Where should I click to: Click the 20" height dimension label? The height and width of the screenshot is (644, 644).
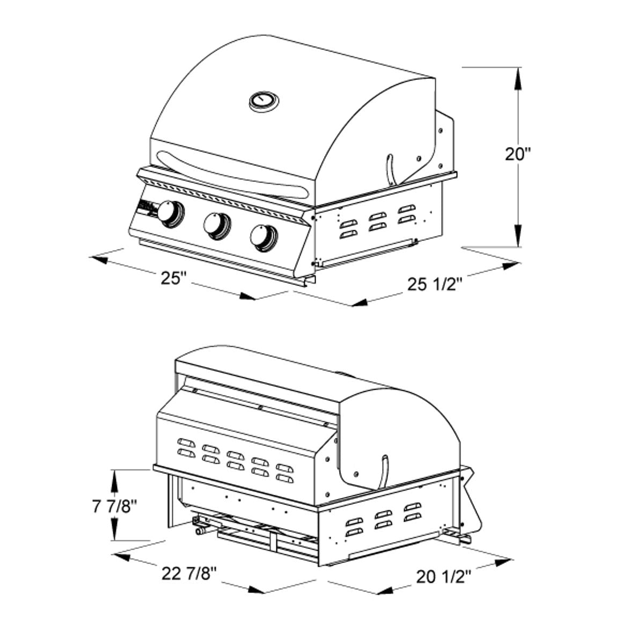point(517,154)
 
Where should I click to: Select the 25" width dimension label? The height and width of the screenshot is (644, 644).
point(173,278)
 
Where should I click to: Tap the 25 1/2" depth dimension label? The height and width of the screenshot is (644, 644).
point(435,284)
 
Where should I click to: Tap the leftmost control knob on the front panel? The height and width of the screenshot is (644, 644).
point(171,212)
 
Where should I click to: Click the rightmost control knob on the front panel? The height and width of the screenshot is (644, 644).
point(263,236)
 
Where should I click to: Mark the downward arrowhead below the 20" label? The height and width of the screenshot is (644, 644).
point(518,237)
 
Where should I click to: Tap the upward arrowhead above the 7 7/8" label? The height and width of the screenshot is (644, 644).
point(114,478)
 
